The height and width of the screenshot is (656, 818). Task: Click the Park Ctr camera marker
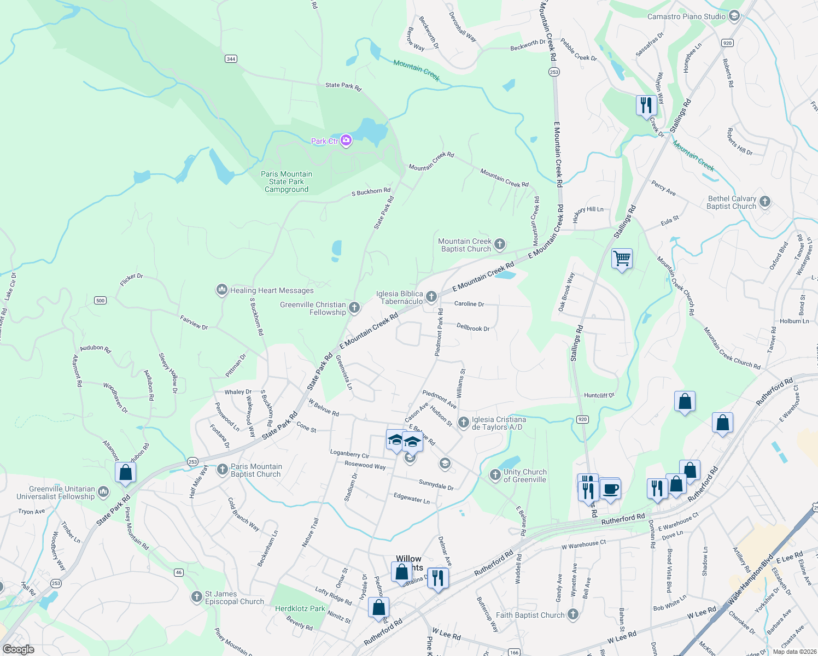click(x=346, y=141)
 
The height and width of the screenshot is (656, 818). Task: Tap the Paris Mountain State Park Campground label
click(x=287, y=181)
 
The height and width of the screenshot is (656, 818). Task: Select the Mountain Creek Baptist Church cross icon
click(x=500, y=244)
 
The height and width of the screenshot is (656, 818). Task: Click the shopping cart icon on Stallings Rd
click(x=622, y=257)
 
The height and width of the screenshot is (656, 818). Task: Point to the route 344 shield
click(x=231, y=58)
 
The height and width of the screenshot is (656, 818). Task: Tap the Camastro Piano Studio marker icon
click(x=734, y=16)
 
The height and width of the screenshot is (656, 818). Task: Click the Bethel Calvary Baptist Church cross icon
click(x=765, y=202)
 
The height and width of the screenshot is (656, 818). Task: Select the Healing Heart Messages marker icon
click(x=221, y=290)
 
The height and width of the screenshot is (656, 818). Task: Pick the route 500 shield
click(x=100, y=300)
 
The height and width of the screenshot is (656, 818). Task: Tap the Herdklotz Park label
click(x=300, y=608)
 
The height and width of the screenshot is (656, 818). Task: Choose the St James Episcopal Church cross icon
click(x=197, y=597)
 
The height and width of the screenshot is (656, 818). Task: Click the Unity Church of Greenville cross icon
click(x=495, y=475)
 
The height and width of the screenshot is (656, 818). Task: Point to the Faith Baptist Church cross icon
click(x=573, y=614)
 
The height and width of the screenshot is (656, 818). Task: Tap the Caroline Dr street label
click(x=469, y=304)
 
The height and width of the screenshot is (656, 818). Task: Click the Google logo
click(x=19, y=649)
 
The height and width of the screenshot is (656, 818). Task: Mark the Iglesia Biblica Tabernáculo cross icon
click(x=431, y=297)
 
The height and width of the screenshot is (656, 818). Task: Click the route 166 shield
click(x=514, y=652)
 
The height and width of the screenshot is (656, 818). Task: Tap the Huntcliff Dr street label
click(x=599, y=395)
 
